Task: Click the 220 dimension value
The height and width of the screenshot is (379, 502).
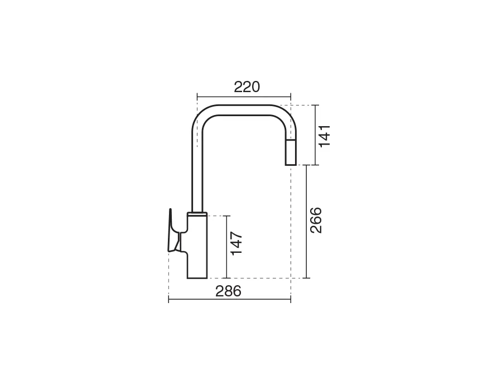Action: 247,87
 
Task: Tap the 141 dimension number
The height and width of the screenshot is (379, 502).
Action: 325,136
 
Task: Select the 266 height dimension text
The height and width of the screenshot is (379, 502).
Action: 316,220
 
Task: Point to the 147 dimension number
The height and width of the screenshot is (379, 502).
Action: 236,243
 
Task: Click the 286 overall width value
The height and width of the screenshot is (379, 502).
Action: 228,291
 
